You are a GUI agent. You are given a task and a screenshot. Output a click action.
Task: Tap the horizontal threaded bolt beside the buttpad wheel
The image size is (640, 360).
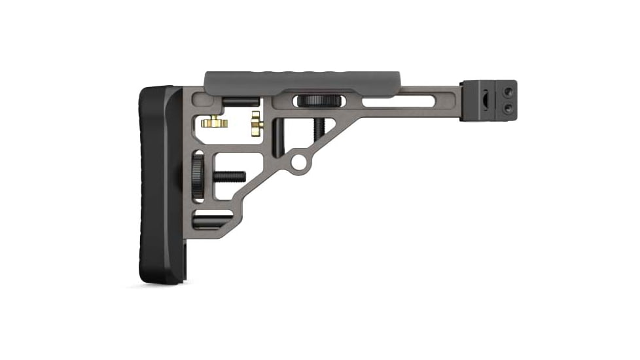pos(226,177)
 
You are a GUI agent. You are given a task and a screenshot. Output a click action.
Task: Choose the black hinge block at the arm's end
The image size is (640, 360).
pos(488,100)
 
